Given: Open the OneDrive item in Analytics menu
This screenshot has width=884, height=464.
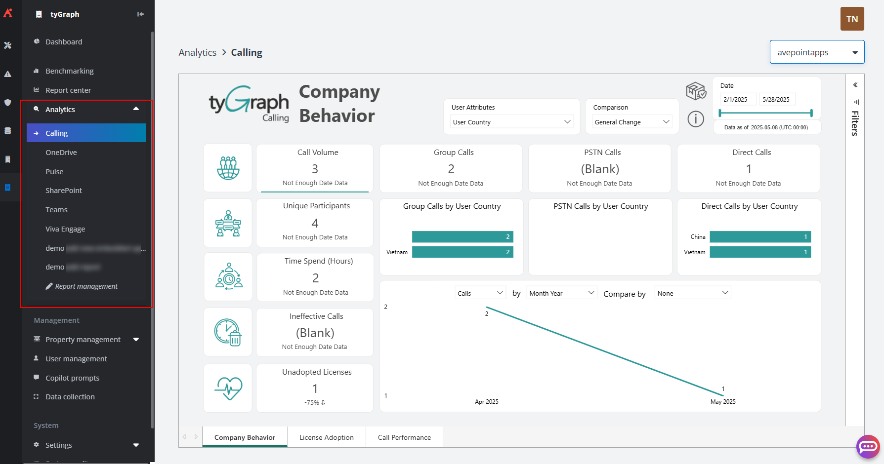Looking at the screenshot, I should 61,153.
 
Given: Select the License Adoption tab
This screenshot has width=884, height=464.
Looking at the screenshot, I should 326,437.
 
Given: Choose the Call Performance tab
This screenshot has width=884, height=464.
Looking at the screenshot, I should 404,437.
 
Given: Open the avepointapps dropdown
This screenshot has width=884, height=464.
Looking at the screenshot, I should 817,52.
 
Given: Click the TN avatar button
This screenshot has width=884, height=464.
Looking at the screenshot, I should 852,19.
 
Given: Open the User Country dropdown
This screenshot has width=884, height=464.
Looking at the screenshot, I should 511,122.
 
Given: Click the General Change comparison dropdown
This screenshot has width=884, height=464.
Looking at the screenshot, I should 631,122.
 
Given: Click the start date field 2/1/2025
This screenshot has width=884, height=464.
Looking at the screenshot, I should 737,99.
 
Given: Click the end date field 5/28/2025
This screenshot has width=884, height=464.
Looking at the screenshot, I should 776,99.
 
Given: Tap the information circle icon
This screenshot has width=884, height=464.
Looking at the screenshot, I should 695,119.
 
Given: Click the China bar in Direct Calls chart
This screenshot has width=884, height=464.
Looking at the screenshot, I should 760,237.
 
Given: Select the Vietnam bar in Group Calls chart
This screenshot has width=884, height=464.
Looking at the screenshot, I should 462,252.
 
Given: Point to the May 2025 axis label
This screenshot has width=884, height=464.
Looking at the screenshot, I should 722,402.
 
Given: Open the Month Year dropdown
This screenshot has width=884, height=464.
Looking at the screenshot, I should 562,293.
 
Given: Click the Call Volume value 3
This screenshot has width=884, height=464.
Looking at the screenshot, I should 315,169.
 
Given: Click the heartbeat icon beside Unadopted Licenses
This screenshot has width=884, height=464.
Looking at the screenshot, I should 228,388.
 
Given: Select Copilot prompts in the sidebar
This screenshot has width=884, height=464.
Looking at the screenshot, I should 72,378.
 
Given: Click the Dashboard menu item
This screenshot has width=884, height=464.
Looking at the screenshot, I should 64,42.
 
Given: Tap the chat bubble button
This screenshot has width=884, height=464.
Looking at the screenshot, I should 868,447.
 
